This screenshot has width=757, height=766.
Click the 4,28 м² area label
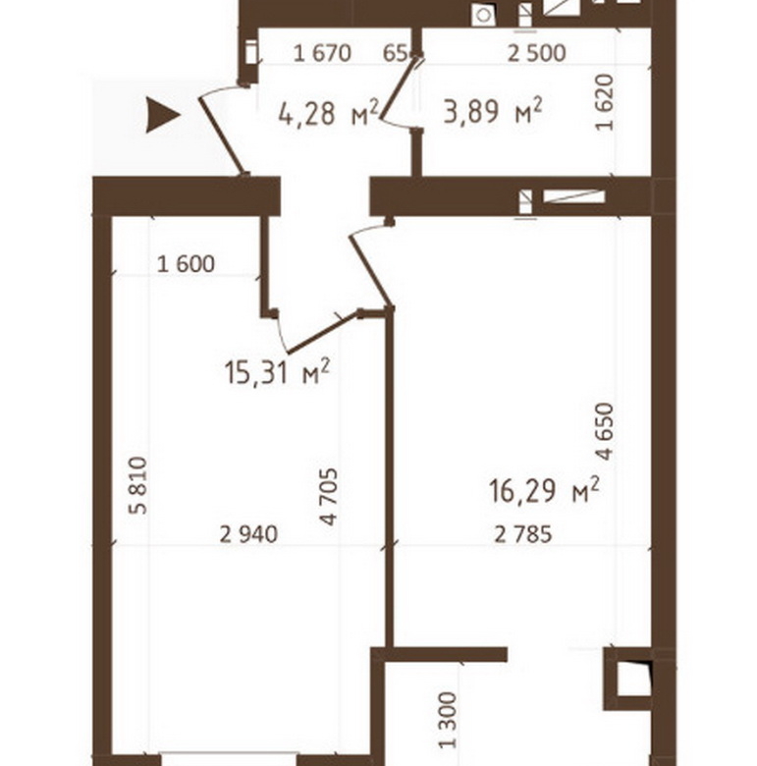pyautogui.click(x=328, y=113)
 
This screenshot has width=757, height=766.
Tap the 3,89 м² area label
pyautogui.click(x=493, y=111)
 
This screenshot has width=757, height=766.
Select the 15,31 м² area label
pyautogui.click(x=278, y=373)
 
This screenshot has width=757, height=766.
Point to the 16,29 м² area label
pyautogui.click(x=544, y=490)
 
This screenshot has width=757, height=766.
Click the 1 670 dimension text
pyautogui.click(x=322, y=53)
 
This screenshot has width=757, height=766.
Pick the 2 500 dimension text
pyautogui.click(x=537, y=53)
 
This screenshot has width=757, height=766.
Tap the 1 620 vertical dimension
pyautogui.click(x=604, y=102)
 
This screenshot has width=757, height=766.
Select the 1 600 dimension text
pyautogui.click(x=187, y=264)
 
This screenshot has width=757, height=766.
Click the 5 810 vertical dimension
pyautogui.click(x=137, y=485)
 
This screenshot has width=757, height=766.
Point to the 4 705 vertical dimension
pyautogui.click(x=329, y=497)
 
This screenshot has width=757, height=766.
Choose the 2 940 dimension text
pyautogui.click(x=248, y=534)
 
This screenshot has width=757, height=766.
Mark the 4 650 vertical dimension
pyautogui.click(x=604, y=431)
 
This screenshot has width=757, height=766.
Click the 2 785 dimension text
pyautogui.click(x=523, y=534)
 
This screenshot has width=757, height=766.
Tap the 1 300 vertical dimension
pyautogui.click(x=448, y=720)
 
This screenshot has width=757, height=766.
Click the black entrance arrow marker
pyautogui.click(x=163, y=115)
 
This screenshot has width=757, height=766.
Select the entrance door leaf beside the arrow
pyautogui.click(x=221, y=136)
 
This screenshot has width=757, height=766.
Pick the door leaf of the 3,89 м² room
pyautogui.click(x=399, y=87)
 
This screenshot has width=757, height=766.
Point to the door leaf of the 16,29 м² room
pyautogui.click(x=370, y=272)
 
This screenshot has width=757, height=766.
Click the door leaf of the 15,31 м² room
pyautogui.click(x=323, y=333)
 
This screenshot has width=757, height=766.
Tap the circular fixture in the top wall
pyautogui.click(x=484, y=15)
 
